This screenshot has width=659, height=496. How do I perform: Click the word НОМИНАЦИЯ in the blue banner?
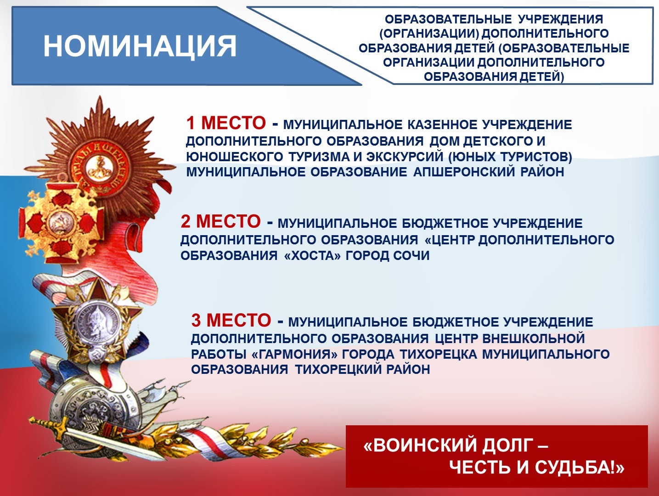[x=140, y=46]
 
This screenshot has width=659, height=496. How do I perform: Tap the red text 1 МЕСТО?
[x=226, y=123]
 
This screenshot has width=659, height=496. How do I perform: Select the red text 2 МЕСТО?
[x=221, y=221]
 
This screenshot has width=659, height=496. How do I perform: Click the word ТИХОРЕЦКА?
[x=438, y=354]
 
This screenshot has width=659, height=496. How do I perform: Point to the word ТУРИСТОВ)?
[x=536, y=157]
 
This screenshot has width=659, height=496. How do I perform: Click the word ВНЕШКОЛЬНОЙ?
[x=534, y=338]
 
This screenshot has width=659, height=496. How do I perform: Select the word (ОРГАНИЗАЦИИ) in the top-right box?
[x=430, y=34]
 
